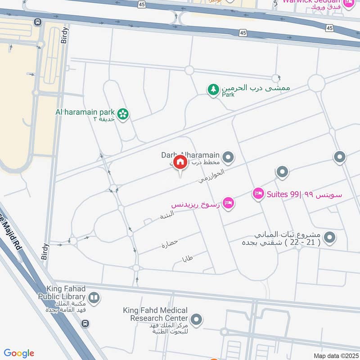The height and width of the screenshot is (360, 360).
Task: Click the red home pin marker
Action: pos(180,162)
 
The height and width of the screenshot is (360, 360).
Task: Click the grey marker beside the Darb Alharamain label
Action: pos(229,157)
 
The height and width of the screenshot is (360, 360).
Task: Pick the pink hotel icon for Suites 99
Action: pos(258,194)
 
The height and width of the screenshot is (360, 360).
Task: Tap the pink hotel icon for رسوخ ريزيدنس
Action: pos(228,203)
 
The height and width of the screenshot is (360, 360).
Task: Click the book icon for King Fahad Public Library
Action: pos(94,297)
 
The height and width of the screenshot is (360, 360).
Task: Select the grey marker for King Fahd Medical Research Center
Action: pos(196,320)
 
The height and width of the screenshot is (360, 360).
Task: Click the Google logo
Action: pos(19,353)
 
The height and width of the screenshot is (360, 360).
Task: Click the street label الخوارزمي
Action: pos(211,175)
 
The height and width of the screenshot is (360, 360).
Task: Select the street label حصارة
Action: pos(170,244)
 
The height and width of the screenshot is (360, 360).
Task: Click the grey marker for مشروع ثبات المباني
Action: pos(330,237)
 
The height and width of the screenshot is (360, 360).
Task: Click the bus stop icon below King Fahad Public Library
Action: pos(85,324)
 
